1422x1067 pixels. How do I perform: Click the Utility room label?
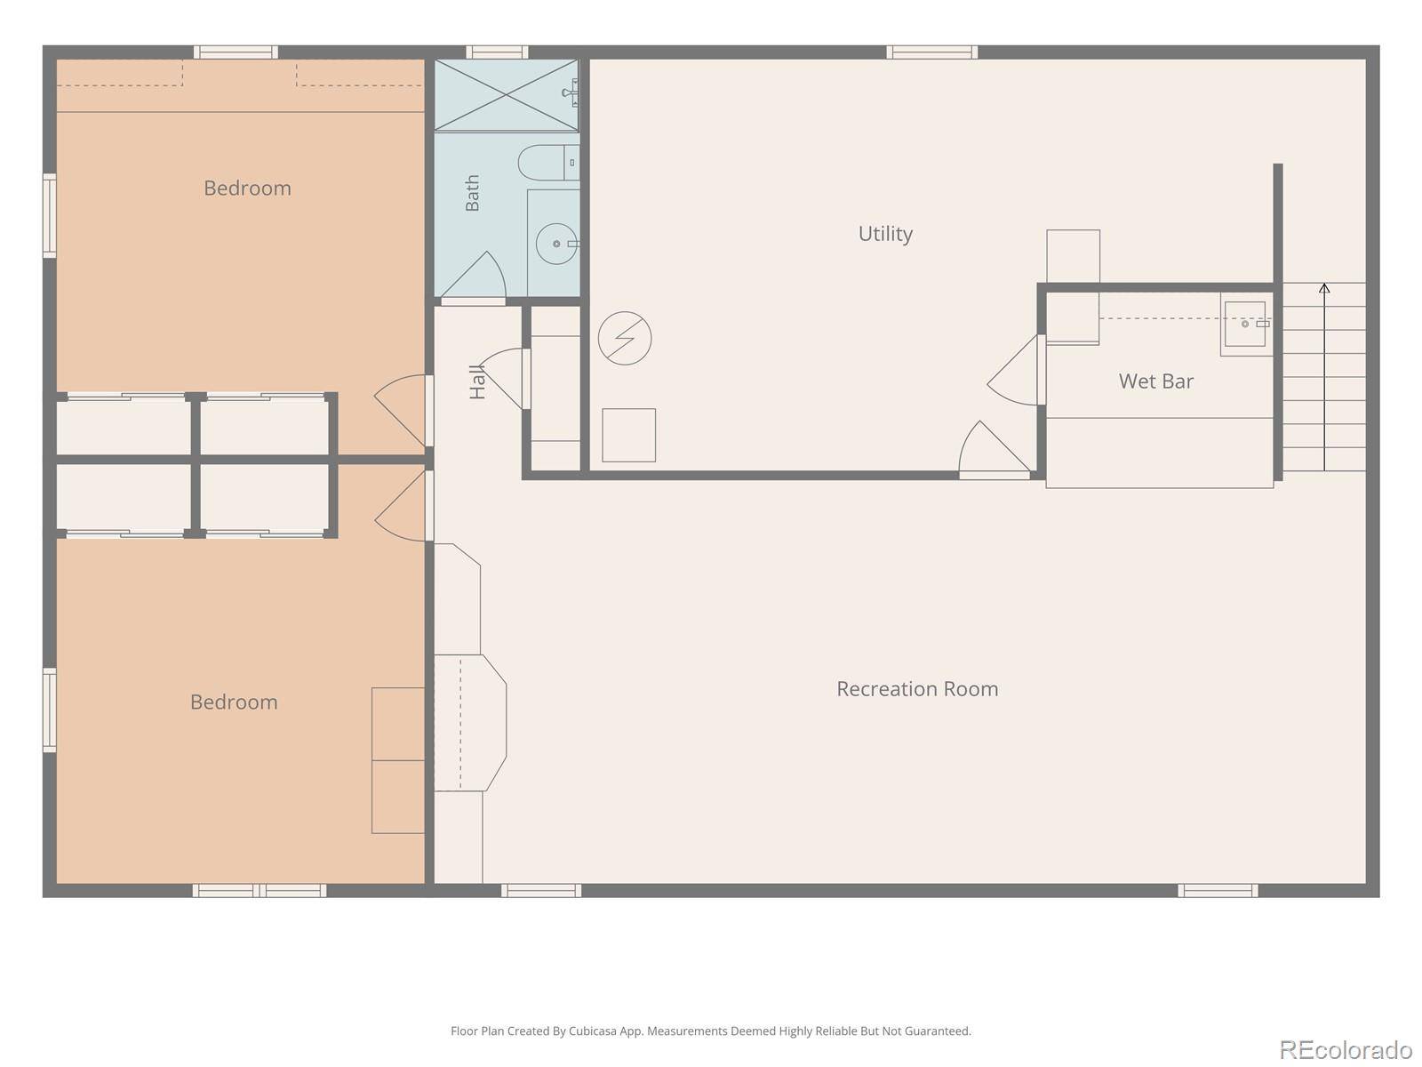(x=885, y=234)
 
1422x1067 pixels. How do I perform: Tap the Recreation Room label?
(x=916, y=688)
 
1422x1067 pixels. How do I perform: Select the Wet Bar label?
(x=1155, y=381)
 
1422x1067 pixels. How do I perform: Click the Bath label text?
(x=472, y=193)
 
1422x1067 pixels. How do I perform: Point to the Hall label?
(x=477, y=382)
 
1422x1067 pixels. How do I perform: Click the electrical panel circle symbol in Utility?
(x=625, y=338)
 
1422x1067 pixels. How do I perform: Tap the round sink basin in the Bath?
(x=556, y=244)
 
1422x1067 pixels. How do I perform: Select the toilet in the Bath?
(x=548, y=163)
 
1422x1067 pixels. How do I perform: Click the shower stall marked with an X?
(x=506, y=95)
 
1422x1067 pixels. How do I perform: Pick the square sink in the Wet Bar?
(x=1244, y=324)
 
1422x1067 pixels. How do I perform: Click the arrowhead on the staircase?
(x=1324, y=287)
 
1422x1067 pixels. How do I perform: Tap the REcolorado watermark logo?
(x=1345, y=1049)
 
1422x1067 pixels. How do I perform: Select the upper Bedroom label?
(x=247, y=189)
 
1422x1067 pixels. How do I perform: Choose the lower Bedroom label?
(x=234, y=702)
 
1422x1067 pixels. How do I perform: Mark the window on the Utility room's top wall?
(x=931, y=52)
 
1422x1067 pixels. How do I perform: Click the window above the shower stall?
(x=497, y=52)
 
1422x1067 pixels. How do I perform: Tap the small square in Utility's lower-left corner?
(x=628, y=435)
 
